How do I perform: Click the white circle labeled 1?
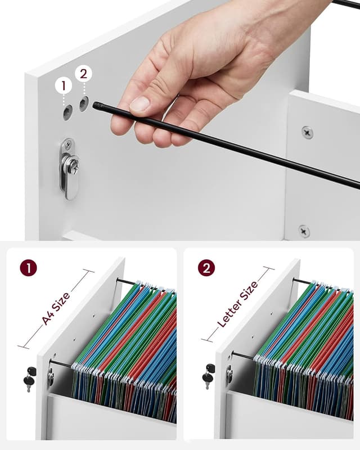pyautogui.click(x=64, y=85)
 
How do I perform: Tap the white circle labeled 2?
pyautogui.click(x=83, y=74)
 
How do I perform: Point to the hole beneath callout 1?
pyautogui.click(x=67, y=112)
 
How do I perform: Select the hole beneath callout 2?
pyautogui.click(x=84, y=103)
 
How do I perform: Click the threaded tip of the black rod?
pyautogui.click(x=97, y=105)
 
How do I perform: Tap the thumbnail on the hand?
pyautogui.click(x=139, y=104)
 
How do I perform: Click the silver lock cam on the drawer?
pyautogui.click(x=69, y=169)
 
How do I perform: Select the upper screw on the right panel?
pyautogui.click(x=307, y=132)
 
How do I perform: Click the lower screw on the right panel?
pyautogui.click(x=304, y=231)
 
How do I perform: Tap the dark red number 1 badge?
pyautogui.click(x=28, y=267)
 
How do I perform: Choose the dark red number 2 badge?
pyautogui.click(x=206, y=267)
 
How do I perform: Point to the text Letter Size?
pyautogui.click(x=238, y=304)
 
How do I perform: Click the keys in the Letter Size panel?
pyautogui.click(x=209, y=376)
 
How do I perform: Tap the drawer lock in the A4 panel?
pyautogui.click(x=51, y=376)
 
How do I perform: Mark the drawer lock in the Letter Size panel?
pyautogui.click(x=229, y=374)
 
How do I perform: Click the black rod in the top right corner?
pyautogui.click(x=345, y=4)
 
